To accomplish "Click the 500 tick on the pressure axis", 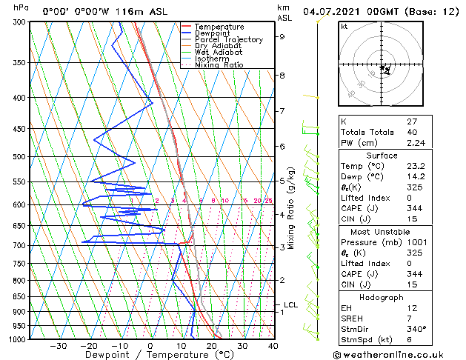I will (x=20, y=157).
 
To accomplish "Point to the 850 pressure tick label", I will (x=20, y=297).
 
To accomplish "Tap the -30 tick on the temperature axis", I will (x=58, y=346).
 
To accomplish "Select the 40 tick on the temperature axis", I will (x=273, y=346).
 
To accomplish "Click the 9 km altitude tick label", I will (x=282, y=36).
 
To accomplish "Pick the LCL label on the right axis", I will (x=291, y=304).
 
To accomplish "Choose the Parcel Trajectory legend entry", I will (x=228, y=40).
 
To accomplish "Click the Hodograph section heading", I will (x=382, y=296).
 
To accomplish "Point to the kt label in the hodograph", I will (x=344, y=26).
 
